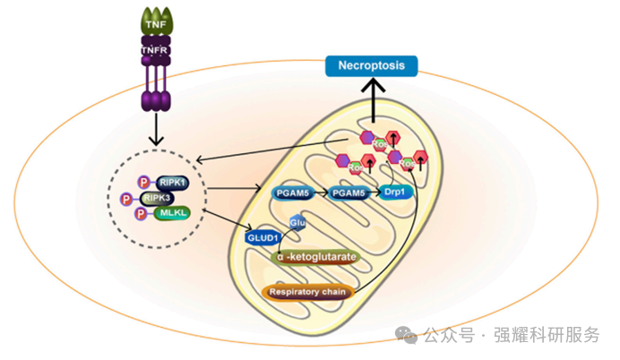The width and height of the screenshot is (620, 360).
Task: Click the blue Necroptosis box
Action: (x=372, y=64)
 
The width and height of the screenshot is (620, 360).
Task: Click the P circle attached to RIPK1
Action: (x=143, y=183)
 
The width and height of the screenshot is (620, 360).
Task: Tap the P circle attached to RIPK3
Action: (x=128, y=198)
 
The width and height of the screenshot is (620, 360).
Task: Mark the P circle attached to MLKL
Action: (x=141, y=214)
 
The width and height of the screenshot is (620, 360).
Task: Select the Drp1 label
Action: (x=394, y=192)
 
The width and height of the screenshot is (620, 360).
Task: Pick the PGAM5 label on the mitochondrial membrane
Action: (x=288, y=192)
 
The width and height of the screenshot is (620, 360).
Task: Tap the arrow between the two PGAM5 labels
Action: (x=317, y=192)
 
